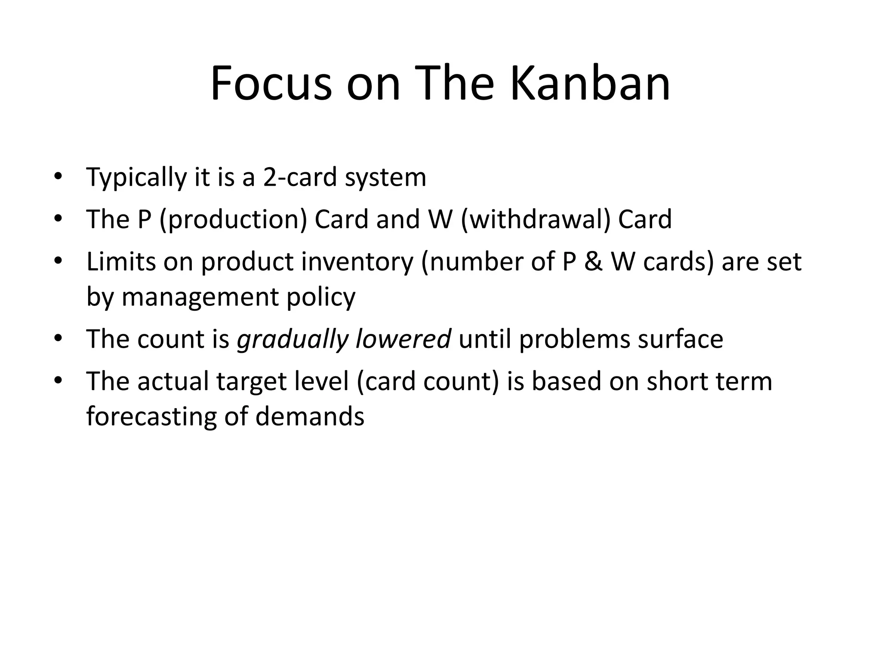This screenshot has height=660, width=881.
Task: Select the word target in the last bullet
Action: (x=251, y=381)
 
